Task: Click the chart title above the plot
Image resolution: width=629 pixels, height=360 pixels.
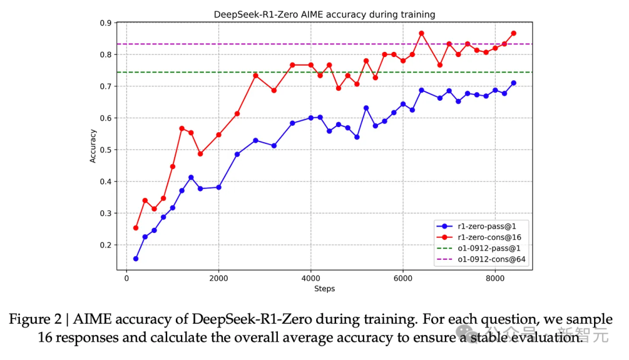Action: pyautogui.click(x=324, y=15)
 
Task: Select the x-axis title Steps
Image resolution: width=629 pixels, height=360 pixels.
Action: pyautogui.click(x=324, y=288)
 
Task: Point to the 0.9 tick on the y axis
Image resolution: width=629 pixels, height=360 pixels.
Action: pyautogui.click(x=106, y=23)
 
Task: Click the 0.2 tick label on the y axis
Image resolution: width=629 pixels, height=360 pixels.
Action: pyautogui.click(x=106, y=245)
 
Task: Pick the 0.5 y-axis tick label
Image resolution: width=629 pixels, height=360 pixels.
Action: pyautogui.click(x=106, y=150)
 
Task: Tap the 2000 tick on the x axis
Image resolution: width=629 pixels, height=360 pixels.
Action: pyautogui.click(x=218, y=278)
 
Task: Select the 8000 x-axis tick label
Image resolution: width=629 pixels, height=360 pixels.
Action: pyautogui.click(x=495, y=278)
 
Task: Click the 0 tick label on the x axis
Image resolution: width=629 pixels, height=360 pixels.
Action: pyautogui.click(x=126, y=278)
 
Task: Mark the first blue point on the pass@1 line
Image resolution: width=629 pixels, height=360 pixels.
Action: pyautogui.click(x=136, y=259)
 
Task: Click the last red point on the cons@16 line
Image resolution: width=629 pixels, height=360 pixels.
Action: pyautogui.click(x=513, y=33)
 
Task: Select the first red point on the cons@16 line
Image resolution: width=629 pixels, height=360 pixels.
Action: pyautogui.click(x=136, y=228)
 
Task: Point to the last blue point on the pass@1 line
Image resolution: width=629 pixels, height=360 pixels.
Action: pyautogui.click(x=513, y=83)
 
